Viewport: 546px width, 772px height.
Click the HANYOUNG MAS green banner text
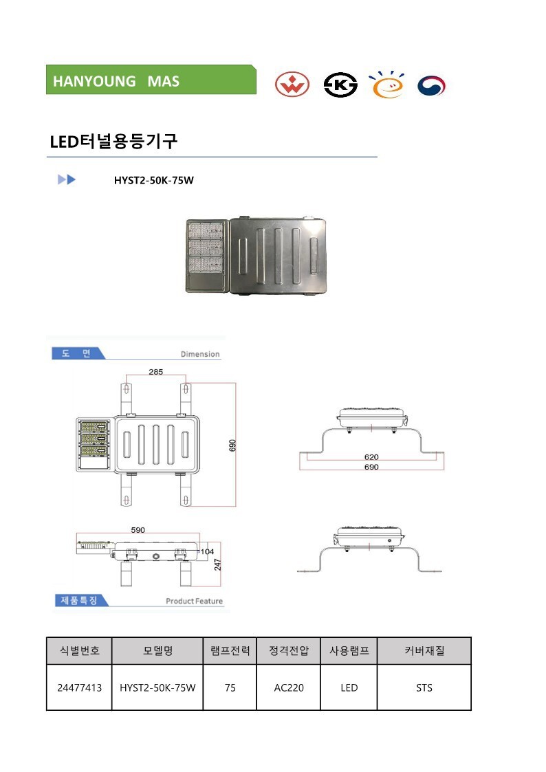point(116,81)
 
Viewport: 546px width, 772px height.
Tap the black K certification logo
point(340,85)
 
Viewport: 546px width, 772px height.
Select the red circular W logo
point(292,85)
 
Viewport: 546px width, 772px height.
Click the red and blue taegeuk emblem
point(431,86)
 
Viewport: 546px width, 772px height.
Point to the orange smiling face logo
point(387,85)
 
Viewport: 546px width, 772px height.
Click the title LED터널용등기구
point(113,142)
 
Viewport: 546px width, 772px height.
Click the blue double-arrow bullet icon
point(67,179)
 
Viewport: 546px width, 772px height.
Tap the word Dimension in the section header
point(200,354)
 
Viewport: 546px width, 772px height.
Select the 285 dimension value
point(155,372)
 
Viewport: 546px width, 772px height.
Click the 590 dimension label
point(138,530)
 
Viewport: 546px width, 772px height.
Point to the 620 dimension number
point(371,457)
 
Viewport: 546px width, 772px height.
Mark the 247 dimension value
point(217,564)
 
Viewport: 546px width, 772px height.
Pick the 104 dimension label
point(207,551)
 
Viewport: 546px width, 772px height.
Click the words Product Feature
point(194,601)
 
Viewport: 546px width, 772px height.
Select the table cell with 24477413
point(79,687)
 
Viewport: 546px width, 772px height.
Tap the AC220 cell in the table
point(289,687)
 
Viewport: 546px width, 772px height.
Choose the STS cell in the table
point(424,687)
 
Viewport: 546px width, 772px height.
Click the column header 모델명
point(157,650)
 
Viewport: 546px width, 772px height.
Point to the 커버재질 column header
point(424,650)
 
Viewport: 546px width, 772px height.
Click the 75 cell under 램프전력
point(230,687)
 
